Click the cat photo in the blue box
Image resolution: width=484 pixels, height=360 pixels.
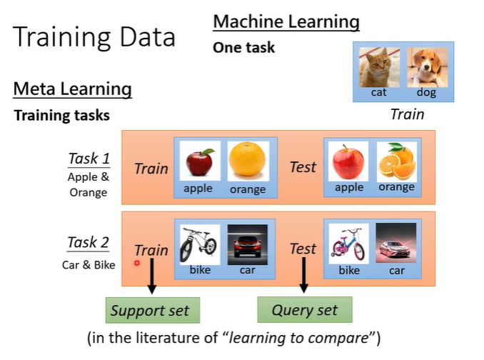pyautogui.click(x=378, y=67)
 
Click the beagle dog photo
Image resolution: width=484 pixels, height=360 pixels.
pyautogui.click(x=426, y=67)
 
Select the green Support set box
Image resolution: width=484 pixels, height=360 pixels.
pyautogui.click(x=151, y=311)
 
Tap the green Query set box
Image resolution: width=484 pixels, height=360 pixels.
pyautogui.click(x=305, y=310)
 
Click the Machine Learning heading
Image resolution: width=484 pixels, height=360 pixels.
pyautogui.click(x=286, y=22)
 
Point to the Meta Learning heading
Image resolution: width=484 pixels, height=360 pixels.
pyautogui.click(x=72, y=89)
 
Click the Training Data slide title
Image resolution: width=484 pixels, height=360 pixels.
pyautogui.click(x=94, y=36)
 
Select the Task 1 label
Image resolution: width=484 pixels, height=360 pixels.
pyautogui.click(x=89, y=159)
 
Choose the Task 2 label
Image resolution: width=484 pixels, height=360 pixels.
pyautogui.click(x=88, y=243)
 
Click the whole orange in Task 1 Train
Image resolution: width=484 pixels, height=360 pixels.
pyautogui.click(x=248, y=161)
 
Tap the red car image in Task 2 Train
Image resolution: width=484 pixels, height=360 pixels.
pyautogui.click(x=247, y=244)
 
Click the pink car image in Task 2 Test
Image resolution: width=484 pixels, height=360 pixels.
pyautogui.click(x=396, y=244)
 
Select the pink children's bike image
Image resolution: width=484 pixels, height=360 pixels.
pyautogui.click(x=348, y=244)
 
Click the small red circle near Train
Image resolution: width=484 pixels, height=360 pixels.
pyautogui.click(x=137, y=263)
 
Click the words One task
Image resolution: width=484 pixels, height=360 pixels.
pyautogui.click(x=243, y=49)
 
